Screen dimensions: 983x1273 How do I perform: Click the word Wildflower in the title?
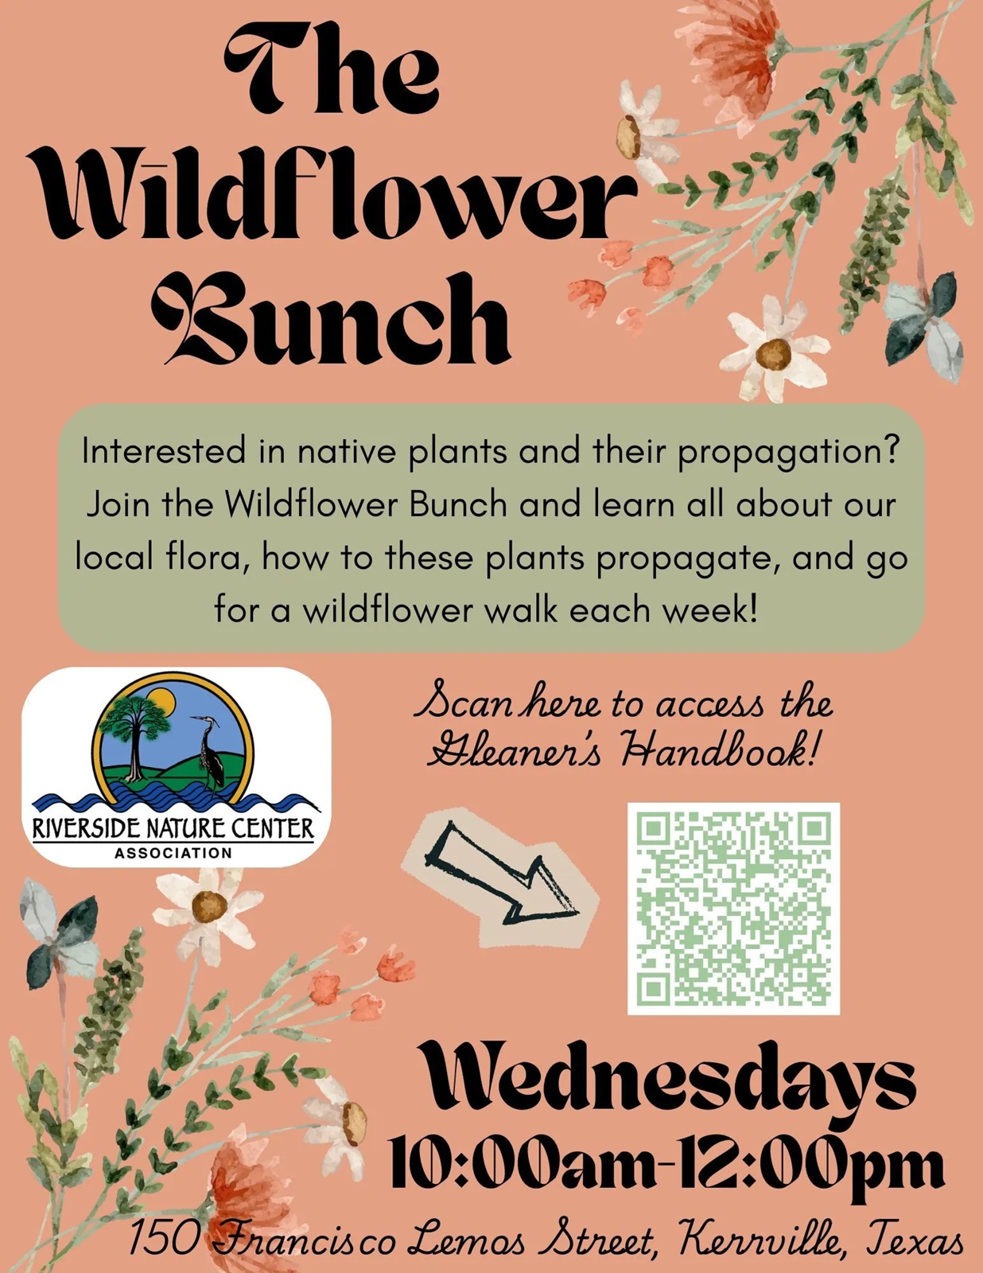[335, 201]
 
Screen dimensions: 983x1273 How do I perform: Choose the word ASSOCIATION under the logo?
[173, 853]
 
